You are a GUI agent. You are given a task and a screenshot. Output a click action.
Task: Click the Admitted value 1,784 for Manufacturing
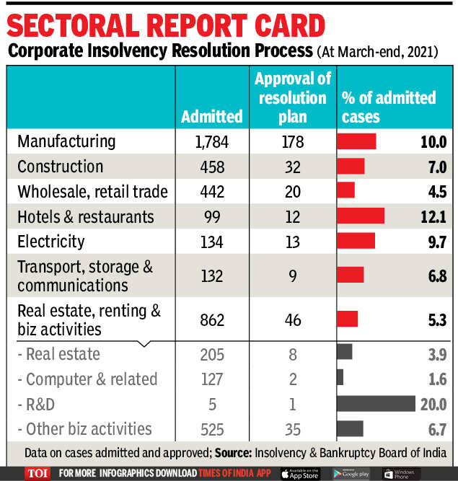coord(211,141)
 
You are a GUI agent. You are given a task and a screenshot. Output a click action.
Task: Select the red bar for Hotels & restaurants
coord(361,216)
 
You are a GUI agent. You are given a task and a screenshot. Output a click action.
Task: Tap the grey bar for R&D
coord(376,404)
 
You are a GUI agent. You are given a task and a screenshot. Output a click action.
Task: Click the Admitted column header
coord(211,116)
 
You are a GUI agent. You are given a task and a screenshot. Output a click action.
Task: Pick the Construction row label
coord(60,167)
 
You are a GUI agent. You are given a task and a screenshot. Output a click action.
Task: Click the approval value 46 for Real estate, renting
coord(292,319)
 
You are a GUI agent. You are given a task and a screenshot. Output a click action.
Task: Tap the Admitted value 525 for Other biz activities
coord(211,430)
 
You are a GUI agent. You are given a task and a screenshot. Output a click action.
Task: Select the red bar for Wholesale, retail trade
coord(346,191)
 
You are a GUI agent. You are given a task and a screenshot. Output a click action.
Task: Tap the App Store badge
coord(300,474)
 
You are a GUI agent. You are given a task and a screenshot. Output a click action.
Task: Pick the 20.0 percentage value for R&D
coord(433,405)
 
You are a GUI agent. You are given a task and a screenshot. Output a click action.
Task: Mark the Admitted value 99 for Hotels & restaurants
coord(211,216)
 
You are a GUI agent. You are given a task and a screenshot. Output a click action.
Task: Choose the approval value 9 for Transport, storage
coord(292,275)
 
